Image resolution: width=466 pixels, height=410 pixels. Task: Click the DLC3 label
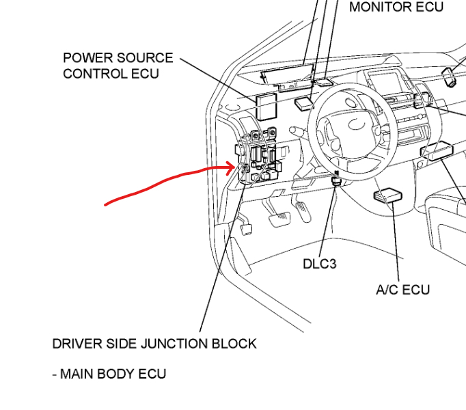click(x=319, y=264)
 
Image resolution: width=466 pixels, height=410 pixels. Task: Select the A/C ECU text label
click(x=403, y=290)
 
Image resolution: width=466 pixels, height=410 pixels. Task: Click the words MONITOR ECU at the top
click(x=396, y=8)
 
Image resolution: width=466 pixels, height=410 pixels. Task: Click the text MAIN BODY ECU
click(x=113, y=374)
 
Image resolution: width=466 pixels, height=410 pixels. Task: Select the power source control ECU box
click(x=266, y=107)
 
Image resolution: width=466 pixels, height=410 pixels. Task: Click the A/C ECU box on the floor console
click(x=387, y=196)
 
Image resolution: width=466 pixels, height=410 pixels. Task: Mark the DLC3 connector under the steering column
click(x=335, y=180)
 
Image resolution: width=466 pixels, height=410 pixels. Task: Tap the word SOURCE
click(x=146, y=58)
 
